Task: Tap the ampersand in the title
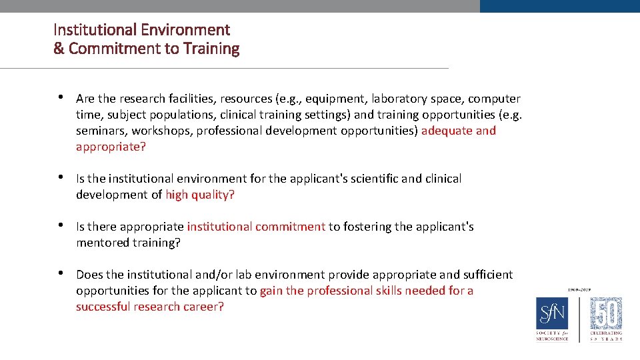59,49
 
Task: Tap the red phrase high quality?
200,195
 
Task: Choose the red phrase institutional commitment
256,227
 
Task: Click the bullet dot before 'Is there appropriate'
61,225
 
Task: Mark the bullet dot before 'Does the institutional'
61,273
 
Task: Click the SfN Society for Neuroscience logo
553,318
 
